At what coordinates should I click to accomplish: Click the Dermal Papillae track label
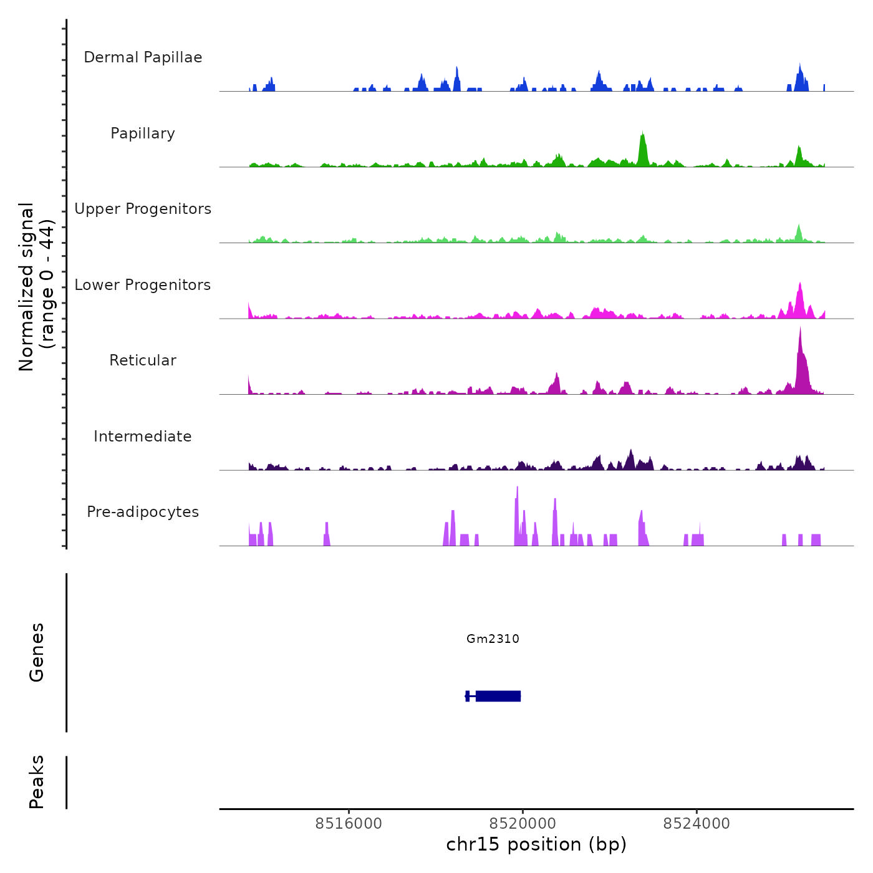143,57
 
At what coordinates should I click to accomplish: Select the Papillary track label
143,133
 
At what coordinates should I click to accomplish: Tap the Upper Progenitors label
143,209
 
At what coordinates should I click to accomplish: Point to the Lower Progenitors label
143,285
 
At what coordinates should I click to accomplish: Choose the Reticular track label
143,360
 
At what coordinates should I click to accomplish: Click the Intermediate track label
143,436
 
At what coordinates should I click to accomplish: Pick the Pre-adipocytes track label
143,512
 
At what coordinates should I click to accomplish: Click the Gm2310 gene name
493,639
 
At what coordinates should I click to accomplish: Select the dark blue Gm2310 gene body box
498,696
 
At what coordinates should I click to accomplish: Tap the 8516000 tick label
349,823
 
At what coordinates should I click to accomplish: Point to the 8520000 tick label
523,823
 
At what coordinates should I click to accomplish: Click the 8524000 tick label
697,823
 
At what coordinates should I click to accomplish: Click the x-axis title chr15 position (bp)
536,844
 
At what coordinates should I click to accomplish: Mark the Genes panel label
37,652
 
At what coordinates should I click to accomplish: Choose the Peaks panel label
37,782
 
